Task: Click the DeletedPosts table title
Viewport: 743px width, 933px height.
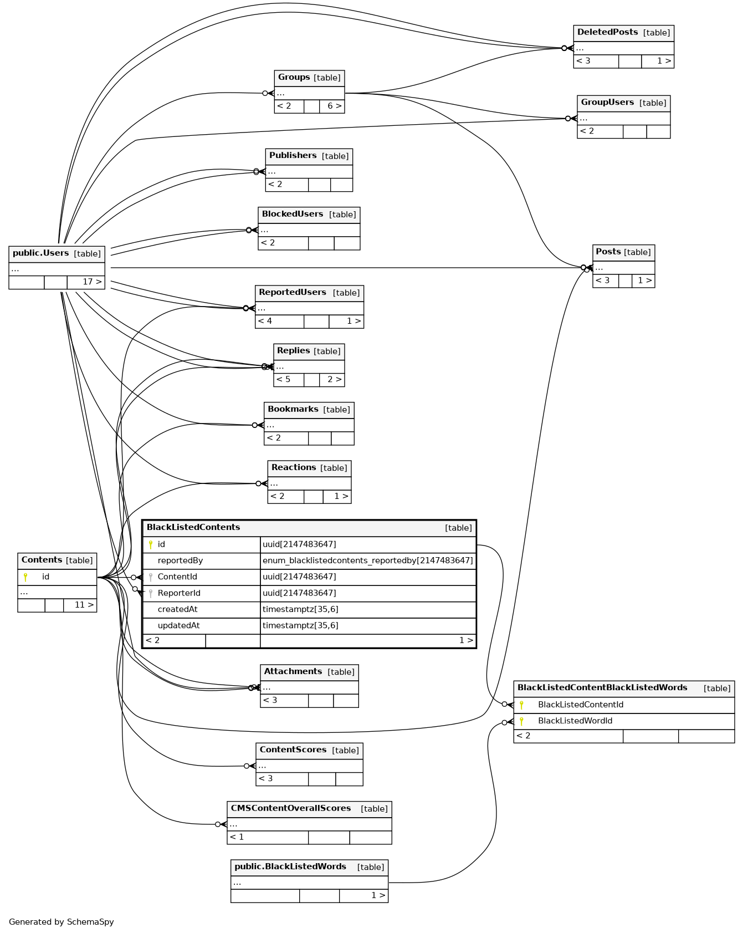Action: pos(607,33)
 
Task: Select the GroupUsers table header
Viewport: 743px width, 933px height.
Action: pos(607,103)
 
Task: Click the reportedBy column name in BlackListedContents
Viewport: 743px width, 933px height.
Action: pos(180,561)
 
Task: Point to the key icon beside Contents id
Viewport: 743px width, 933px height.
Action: pos(25,577)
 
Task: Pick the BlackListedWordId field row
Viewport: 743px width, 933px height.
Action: pos(575,721)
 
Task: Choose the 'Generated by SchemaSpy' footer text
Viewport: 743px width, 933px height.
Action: pos(62,922)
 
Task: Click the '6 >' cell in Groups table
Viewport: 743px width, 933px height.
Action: pos(334,106)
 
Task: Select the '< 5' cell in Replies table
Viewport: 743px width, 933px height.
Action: pos(284,380)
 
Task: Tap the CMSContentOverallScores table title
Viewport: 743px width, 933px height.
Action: pos(291,809)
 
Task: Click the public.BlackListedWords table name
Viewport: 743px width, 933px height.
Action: pos(290,867)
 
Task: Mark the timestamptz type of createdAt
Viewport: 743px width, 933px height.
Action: pos(300,610)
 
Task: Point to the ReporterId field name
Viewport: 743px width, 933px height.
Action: pos(179,593)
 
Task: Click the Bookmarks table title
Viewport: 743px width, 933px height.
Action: pos(293,410)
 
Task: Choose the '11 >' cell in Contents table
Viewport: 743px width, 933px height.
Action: pos(84,605)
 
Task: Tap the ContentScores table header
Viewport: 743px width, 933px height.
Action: pos(293,750)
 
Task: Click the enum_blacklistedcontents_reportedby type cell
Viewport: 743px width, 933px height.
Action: pos(367,561)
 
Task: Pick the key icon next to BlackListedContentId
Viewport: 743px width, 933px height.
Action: pos(521,705)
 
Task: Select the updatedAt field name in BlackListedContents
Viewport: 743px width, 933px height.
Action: pos(178,626)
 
